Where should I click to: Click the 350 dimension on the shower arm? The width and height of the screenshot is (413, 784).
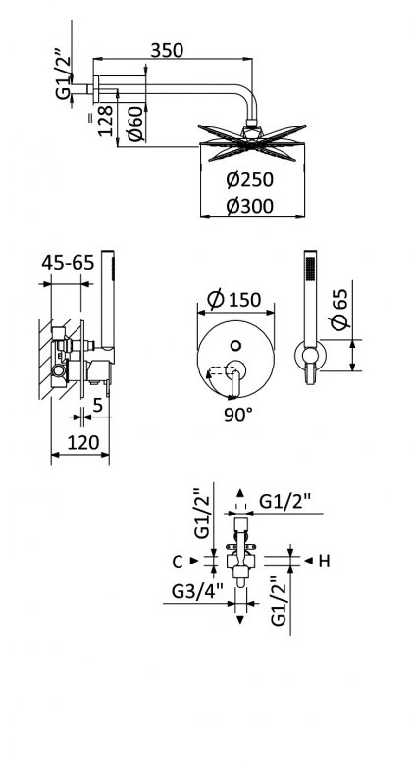(x=170, y=51)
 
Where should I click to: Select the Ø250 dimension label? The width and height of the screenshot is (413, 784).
(x=247, y=180)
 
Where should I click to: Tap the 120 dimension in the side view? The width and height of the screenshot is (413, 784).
(x=82, y=444)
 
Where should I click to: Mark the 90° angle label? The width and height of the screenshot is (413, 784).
(x=237, y=414)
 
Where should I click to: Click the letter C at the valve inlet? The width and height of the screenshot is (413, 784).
(x=178, y=561)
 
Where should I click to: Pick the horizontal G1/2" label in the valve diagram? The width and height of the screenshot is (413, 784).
(x=286, y=503)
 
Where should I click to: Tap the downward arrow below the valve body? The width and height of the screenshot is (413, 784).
(x=241, y=618)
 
